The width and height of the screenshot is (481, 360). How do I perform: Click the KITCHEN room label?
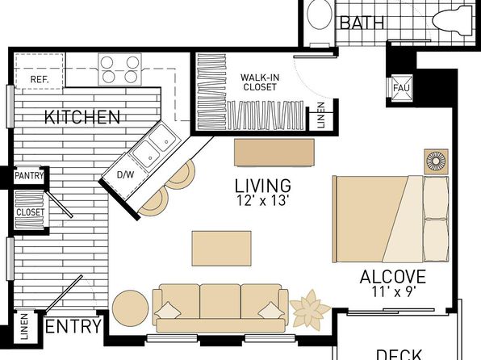click(x=82, y=117)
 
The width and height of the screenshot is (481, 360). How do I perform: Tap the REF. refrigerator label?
click(x=40, y=80)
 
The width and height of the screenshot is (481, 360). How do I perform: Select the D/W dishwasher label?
click(x=125, y=175)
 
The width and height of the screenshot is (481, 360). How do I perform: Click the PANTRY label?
click(x=29, y=176)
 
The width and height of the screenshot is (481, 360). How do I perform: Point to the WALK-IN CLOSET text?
click(x=260, y=82)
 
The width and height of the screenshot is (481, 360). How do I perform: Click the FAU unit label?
click(x=401, y=88)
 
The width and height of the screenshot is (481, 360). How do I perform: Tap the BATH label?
click(x=362, y=23)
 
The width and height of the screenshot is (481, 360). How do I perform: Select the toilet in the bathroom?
click(x=453, y=19)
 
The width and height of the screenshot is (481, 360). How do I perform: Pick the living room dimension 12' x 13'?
click(x=262, y=200)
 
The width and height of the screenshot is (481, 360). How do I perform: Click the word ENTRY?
click(x=73, y=326)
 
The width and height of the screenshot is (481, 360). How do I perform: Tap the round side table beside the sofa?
click(x=131, y=308)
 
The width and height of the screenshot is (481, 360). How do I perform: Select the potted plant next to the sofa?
click(x=310, y=308)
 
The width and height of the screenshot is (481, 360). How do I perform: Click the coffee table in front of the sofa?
click(x=221, y=249)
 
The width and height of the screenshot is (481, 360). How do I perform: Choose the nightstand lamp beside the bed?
click(x=436, y=161)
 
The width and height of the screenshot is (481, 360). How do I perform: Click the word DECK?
click(x=399, y=354)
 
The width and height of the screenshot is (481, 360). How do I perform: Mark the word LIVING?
click(x=263, y=186)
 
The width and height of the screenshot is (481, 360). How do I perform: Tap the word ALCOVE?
click(x=393, y=277)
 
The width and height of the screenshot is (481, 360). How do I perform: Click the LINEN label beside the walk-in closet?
click(x=320, y=115)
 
